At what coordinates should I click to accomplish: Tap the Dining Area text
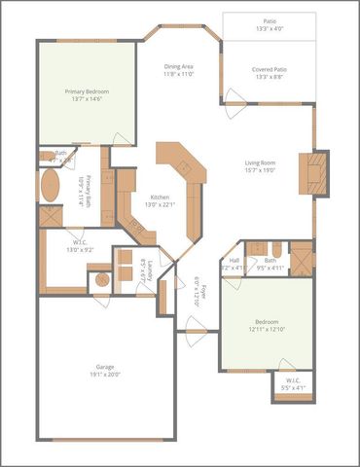(178, 65)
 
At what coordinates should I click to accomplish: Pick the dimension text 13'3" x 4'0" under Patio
(269, 28)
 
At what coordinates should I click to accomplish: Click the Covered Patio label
(269, 68)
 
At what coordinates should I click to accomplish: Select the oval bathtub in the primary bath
(50, 186)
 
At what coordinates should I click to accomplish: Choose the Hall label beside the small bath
(234, 260)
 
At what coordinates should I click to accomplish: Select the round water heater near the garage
(102, 280)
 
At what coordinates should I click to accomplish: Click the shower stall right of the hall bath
(302, 259)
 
